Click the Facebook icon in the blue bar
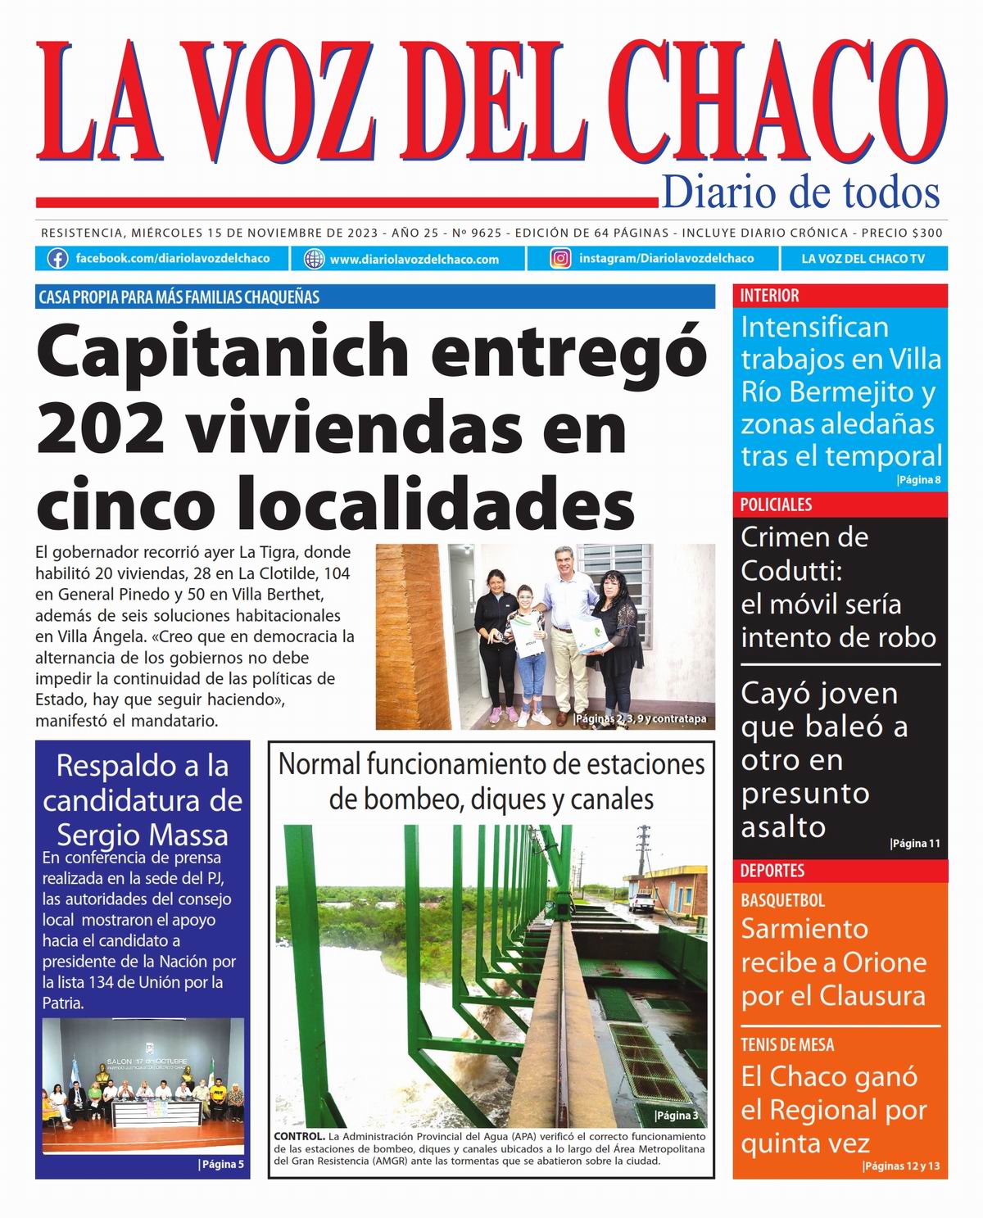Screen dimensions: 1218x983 coord(57,259)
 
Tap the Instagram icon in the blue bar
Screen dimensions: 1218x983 coord(560,259)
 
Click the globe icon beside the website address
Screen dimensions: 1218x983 coord(315,259)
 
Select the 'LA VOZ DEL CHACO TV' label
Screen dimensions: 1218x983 coord(863,259)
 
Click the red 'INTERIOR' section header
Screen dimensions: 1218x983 coord(770,296)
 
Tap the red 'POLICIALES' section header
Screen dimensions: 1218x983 coord(776,505)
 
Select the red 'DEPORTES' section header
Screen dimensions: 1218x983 coord(772,871)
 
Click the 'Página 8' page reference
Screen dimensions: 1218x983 coord(919,480)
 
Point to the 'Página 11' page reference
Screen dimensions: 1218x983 coord(915,844)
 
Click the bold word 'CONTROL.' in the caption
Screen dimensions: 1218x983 coord(299,1137)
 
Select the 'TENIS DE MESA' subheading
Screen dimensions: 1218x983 coord(787,1044)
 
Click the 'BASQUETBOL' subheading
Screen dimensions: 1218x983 coord(782,900)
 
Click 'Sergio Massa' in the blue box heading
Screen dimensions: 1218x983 coord(143,835)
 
